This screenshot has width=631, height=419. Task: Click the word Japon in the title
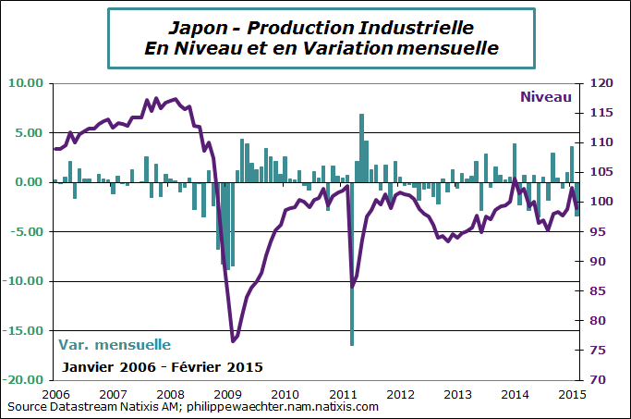199,25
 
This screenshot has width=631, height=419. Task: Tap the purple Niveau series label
546,96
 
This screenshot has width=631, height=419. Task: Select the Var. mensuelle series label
115,345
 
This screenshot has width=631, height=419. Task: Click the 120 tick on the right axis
601,83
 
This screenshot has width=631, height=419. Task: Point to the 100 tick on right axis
601,202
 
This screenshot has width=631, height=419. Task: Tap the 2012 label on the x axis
399,393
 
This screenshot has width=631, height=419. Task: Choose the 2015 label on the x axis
571,393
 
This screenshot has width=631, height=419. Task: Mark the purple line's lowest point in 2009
233,340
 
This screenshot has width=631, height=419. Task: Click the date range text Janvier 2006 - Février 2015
162,367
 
